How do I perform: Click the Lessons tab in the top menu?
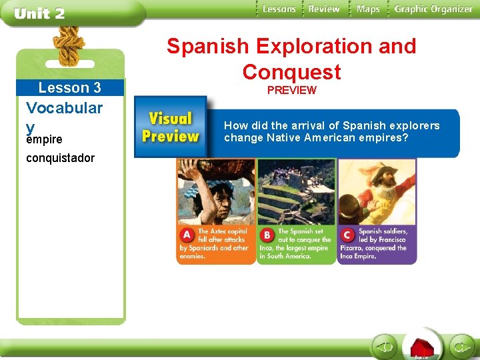[x=278, y=9]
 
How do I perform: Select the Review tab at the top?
[x=324, y=9]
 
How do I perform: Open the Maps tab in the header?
[x=367, y=9]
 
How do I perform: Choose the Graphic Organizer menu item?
[x=433, y=9]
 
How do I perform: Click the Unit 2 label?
[x=39, y=14]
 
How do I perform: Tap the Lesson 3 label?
[x=70, y=88]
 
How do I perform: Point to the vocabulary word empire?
[x=44, y=139]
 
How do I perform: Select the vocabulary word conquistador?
[x=60, y=158]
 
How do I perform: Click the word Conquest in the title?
[x=291, y=71]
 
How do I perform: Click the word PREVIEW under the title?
[x=291, y=90]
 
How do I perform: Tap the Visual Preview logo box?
[x=171, y=127]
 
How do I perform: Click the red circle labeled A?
[x=187, y=235]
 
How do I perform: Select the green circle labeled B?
[x=267, y=235]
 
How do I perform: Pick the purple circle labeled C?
[x=347, y=235]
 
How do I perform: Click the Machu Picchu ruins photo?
[x=296, y=192]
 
